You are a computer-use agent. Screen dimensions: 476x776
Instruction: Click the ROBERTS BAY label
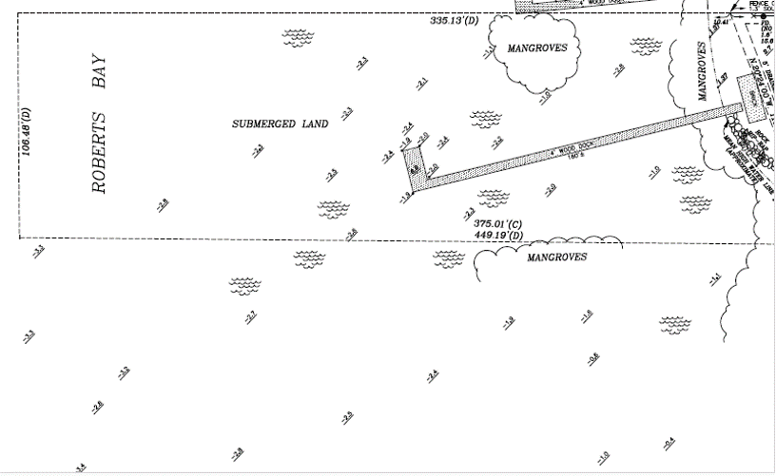click(x=98, y=124)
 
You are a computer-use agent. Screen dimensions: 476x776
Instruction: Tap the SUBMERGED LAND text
click(x=281, y=124)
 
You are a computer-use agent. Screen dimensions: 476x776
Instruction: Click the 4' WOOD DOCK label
click(x=567, y=150)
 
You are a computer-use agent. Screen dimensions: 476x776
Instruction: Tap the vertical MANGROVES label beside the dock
click(x=703, y=71)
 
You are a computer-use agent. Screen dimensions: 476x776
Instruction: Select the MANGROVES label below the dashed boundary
click(x=557, y=257)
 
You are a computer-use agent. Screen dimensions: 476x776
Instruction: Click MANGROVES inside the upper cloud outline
click(x=537, y=48)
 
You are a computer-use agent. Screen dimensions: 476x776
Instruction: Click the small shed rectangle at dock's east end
click(x=751, y=95)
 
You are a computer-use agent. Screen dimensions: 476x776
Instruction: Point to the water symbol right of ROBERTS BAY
click(x=298, y=37)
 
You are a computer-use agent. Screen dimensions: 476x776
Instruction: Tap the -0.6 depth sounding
click(x=593, y=357)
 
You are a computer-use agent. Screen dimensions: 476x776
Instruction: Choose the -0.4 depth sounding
click(x=669, y=442)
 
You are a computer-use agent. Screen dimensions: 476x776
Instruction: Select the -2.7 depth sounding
click(x=250, y=316)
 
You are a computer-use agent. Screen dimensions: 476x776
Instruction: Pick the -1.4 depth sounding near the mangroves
click(x=715, y=278)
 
